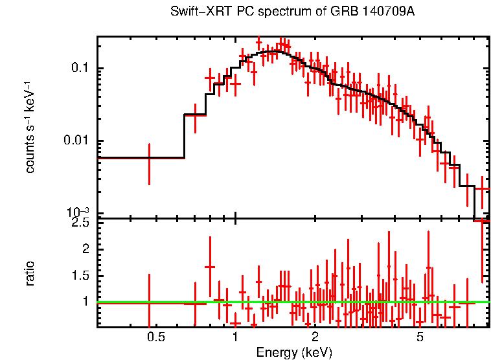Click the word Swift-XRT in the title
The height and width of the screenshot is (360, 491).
[195, 12]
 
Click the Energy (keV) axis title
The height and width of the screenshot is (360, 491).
[294, 353]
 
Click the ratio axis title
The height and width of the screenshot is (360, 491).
[30, 273]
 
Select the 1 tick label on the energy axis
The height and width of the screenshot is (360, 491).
[235, 337]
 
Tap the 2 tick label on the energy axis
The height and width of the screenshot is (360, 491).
[315, 337]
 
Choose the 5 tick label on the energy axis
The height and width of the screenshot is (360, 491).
[420, 337]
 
